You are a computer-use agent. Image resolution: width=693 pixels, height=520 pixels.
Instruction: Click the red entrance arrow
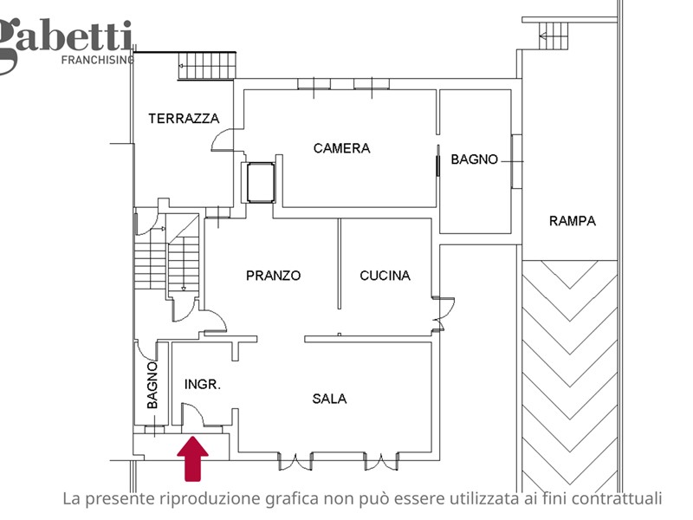point(192,458)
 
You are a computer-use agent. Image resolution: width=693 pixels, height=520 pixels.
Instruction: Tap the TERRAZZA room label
point(184,119)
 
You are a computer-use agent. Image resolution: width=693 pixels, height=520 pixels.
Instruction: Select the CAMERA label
point(341,148)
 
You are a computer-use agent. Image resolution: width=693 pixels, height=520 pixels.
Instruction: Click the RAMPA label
point(573,221)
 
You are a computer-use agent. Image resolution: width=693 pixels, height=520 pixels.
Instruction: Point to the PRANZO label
point(273,276)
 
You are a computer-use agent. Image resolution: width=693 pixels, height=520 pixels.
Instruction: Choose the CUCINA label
point(385,276)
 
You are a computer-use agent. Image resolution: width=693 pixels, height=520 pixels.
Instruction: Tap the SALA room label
point(329,399)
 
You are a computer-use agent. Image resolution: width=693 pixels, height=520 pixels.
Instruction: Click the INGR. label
point(203,384)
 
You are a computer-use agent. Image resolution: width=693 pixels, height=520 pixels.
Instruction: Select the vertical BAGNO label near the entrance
point(152,385)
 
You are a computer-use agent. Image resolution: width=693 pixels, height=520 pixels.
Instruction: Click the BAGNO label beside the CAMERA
point(474,159)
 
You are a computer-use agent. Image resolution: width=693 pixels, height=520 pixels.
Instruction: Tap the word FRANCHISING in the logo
point(98,60)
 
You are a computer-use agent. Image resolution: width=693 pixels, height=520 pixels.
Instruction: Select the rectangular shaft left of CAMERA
point(261,183)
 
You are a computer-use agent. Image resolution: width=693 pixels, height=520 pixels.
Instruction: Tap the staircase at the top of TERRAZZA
point(207,66)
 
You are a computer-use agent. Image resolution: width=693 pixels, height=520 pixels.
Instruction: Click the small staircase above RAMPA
point(554,36)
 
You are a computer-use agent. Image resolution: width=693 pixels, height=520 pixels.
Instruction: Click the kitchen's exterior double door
point(444,314)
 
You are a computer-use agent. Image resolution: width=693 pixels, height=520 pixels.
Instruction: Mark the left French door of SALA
point(295,461)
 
